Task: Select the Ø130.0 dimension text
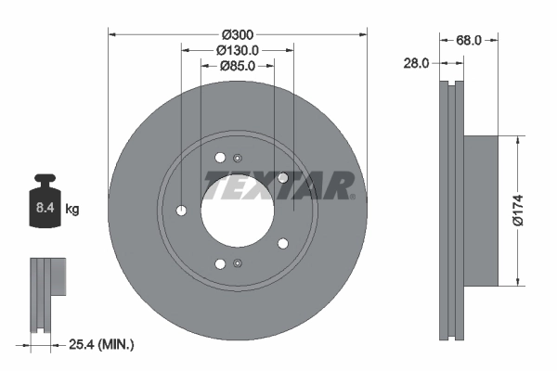tap(238, 50)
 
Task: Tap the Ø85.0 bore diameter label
tap(238, 66)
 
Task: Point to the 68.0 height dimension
tap(469, 40)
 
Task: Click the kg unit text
tap(71, 210)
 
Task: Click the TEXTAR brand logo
tap(278, 185)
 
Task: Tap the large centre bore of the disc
tap(237, 211)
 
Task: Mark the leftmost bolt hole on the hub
tap(182, 211)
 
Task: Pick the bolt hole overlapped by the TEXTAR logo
tap(283, 177)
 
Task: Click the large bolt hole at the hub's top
tap(220, 158)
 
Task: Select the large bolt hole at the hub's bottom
tap(220, 264)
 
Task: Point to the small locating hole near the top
tap(238, 157)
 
